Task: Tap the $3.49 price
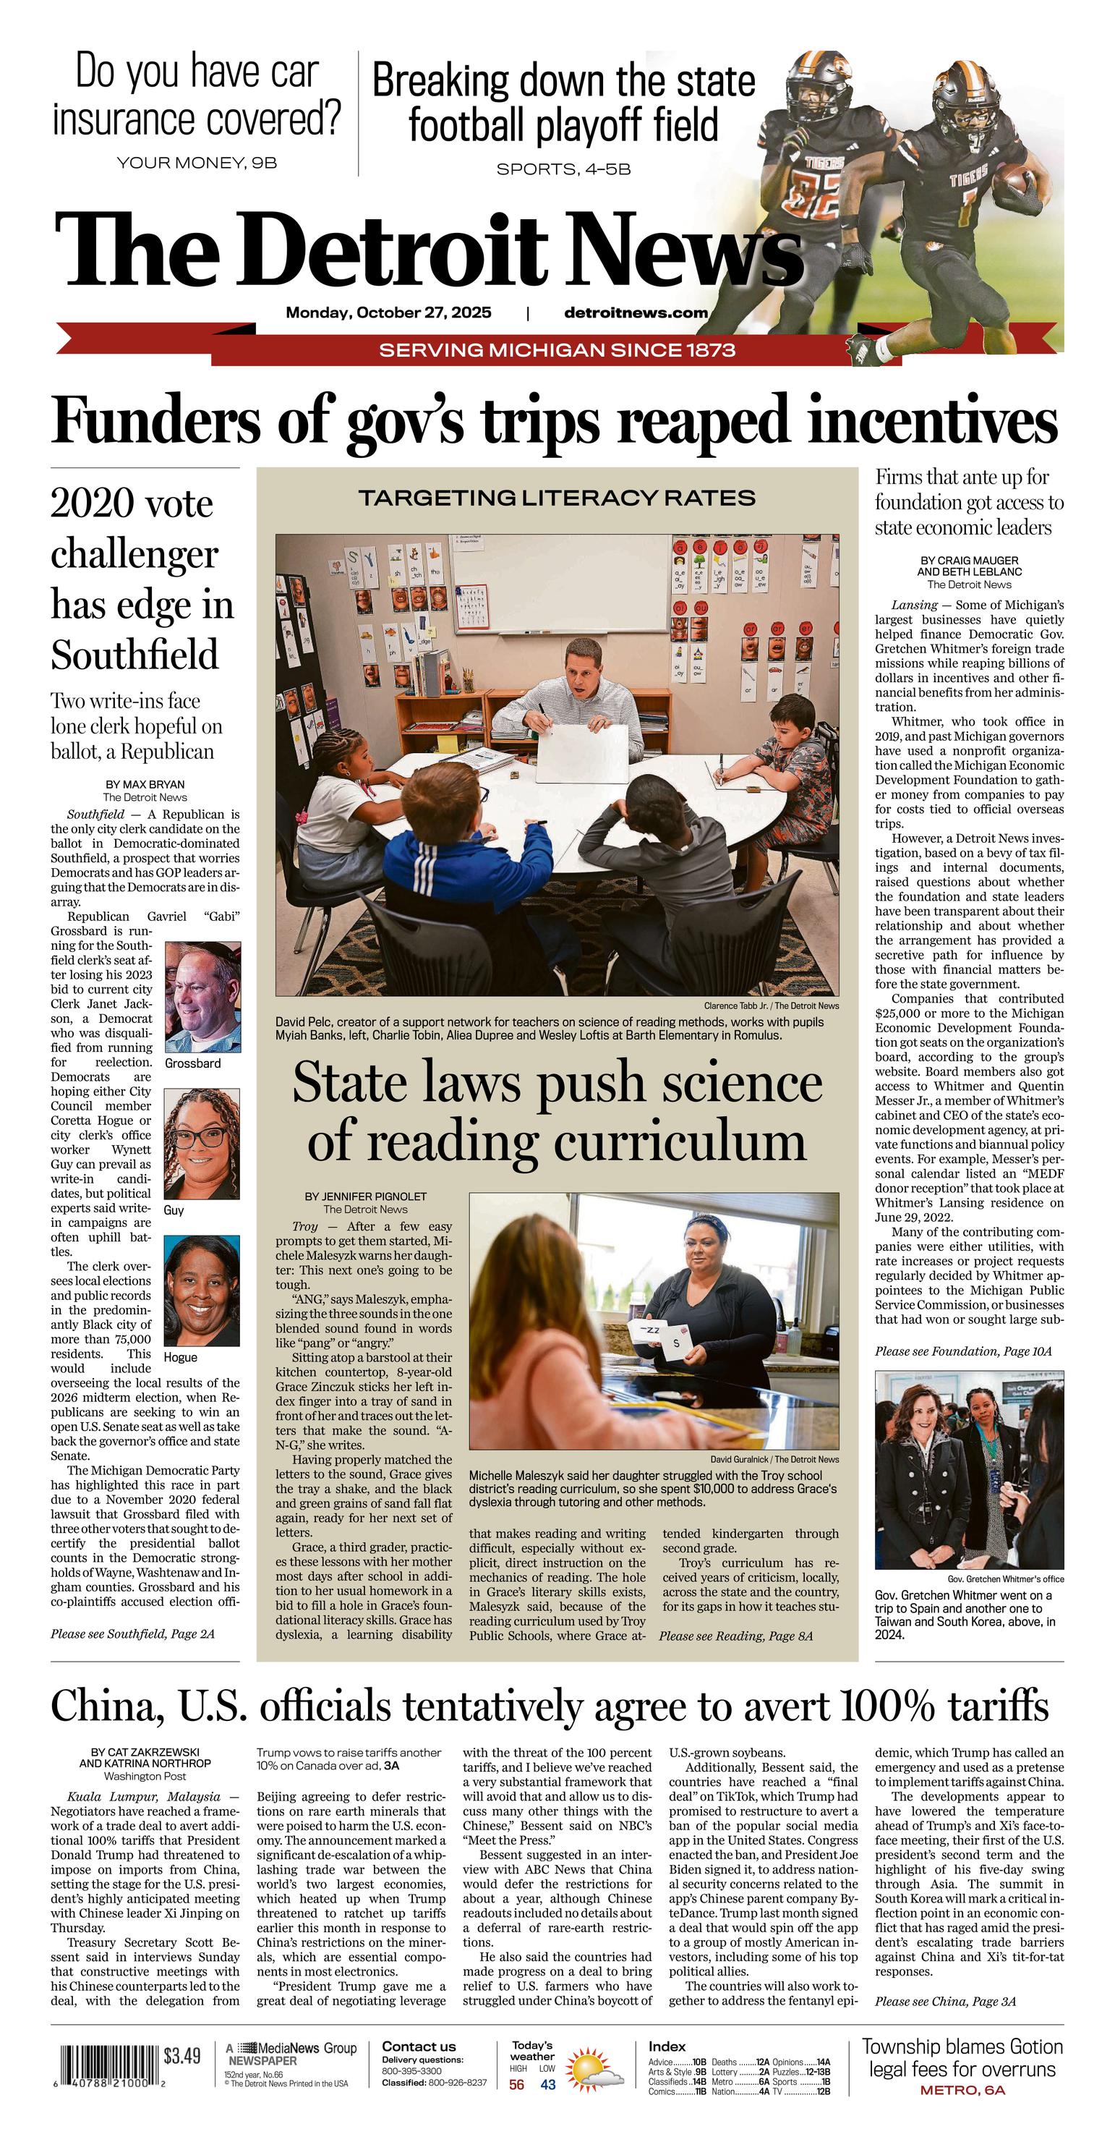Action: (x=182, y=2055)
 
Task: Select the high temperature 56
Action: (x=517, y=2085)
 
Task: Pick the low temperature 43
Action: (x=548, y=2085)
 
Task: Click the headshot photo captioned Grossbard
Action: (x=202, y=996)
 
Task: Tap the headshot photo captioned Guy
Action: (x=202, y=1144)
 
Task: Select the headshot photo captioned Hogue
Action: (x=202, y=1291)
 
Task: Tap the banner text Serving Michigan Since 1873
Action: (x=557, y=349)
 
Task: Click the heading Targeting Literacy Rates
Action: (x=557, y=498)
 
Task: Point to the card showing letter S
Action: (x=676, y=1343)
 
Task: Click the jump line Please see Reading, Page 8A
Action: (x=735, y=1636)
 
